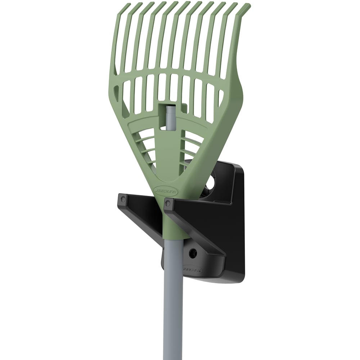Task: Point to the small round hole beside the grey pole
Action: [x=193, y=253]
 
